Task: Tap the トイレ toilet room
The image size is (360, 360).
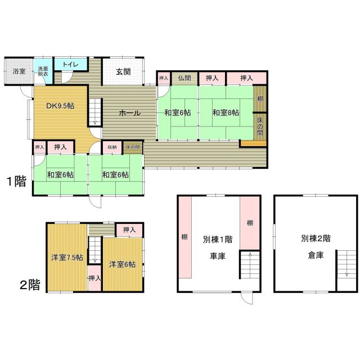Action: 71,65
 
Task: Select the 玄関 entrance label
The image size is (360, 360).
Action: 124,71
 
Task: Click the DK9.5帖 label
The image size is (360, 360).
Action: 60,105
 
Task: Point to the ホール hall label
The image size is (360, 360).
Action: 129,113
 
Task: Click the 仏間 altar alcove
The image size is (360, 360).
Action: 184,79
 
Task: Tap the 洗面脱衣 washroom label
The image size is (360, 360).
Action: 43,71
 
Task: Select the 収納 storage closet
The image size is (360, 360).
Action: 112,147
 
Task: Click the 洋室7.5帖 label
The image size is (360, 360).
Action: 67,258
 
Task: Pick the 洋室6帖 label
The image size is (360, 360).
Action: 122,264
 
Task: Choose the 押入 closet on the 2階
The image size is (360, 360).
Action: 129,229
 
